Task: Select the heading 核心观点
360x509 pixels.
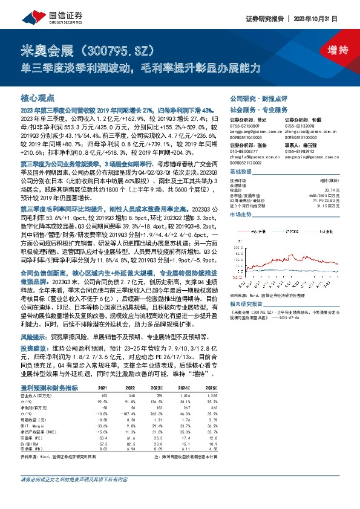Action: [x=38, y=97]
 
